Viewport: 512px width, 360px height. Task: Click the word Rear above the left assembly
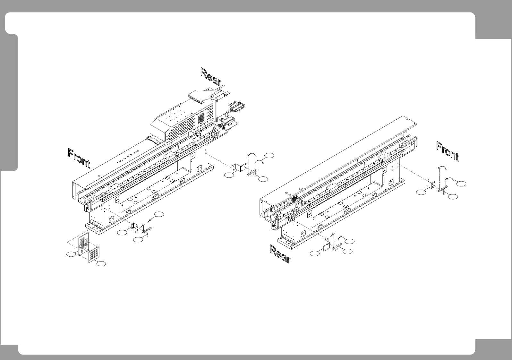(210, 76)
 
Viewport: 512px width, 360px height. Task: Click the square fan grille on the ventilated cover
(201, 118)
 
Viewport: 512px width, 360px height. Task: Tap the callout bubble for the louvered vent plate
(101, 264)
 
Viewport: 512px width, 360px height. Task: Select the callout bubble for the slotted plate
(71, 254)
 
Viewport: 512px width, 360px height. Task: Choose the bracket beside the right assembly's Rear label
(327, 245)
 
